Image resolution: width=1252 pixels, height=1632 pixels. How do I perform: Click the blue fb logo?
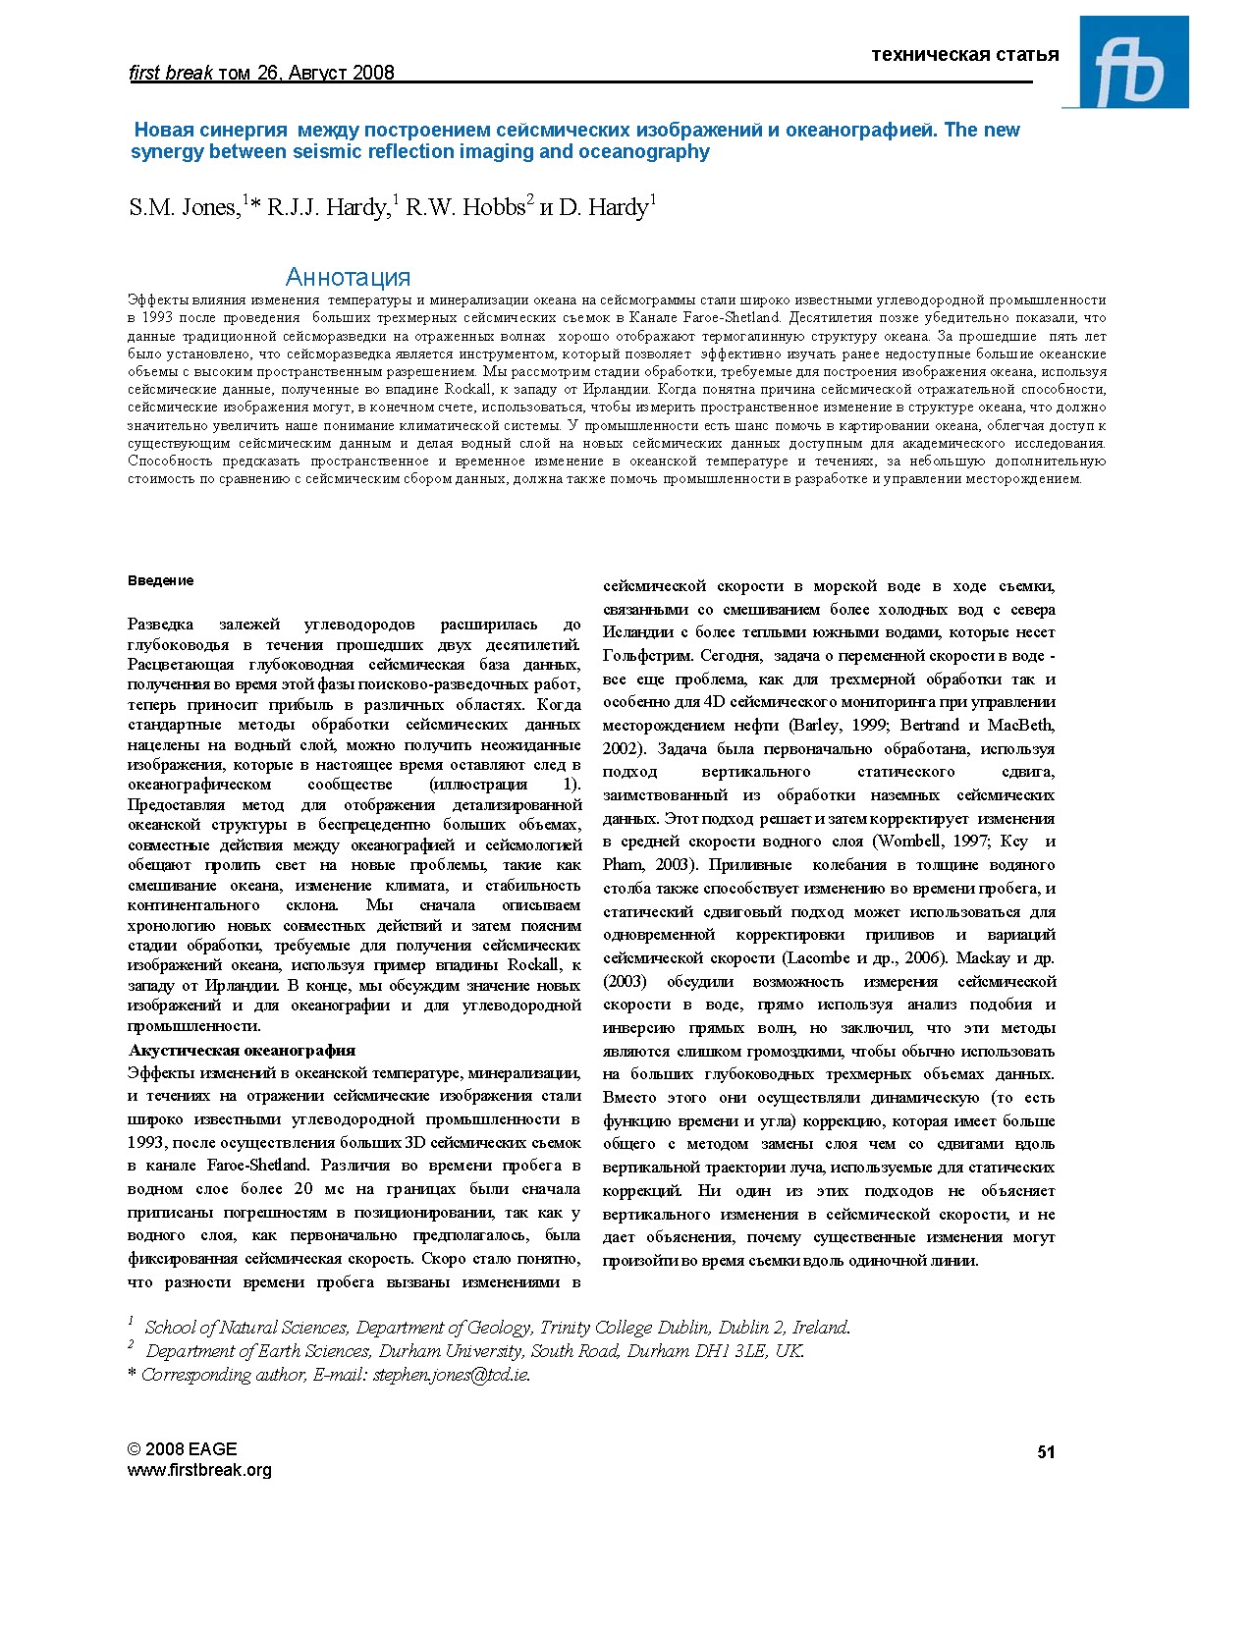click(1133, 63)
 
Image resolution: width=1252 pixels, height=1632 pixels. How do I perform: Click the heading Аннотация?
click(348, 277)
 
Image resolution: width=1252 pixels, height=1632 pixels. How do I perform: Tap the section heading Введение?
click(161, 580)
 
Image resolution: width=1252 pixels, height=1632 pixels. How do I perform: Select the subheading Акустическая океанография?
click(242, 1050)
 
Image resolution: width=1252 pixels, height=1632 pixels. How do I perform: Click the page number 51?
click(1046, 1452)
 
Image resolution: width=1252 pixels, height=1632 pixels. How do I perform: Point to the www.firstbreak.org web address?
click(199, 1470)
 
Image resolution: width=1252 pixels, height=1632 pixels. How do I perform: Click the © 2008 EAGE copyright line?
click(182, 1449)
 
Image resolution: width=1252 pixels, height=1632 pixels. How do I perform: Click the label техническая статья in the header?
click(964, 54)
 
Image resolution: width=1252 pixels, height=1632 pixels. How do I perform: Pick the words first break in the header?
click(171, 73)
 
